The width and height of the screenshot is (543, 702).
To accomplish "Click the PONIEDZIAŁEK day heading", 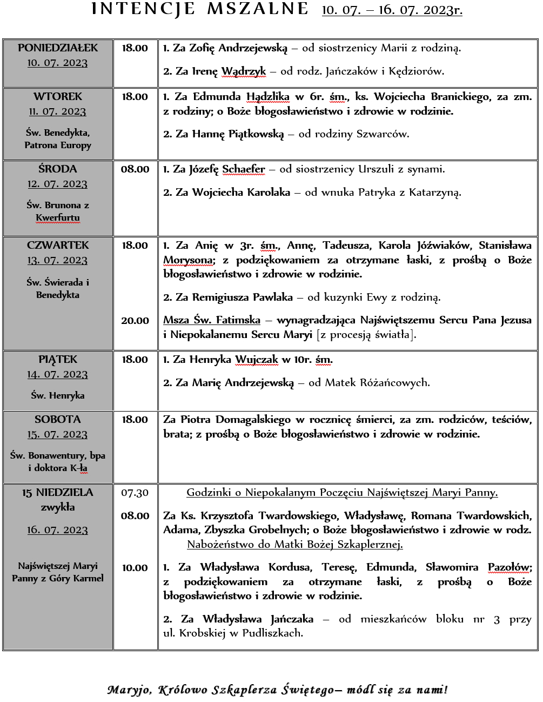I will point(58,48).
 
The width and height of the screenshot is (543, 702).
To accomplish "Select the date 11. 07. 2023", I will point(58,112).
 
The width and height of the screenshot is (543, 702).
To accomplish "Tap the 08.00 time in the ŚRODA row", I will point(135,169).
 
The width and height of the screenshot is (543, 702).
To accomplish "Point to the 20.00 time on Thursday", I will point(135,321).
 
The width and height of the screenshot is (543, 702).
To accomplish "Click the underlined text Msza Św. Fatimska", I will point(212,320).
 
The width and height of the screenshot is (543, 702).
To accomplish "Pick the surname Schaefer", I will point(244,169).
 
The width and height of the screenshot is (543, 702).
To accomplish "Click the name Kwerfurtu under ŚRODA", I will point(58,217).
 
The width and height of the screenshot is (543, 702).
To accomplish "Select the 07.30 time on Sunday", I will point(135,493).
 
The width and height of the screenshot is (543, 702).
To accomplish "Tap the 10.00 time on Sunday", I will point(135,568).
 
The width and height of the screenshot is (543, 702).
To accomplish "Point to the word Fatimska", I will point(238,320).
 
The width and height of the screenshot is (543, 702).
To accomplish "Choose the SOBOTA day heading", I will point(58,420).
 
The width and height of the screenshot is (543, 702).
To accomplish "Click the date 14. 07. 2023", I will point(58,375).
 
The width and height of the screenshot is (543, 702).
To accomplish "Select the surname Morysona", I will point(188,260).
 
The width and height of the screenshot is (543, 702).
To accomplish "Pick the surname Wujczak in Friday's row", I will point(257,360).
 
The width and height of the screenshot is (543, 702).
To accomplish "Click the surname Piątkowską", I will point(256,134).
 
